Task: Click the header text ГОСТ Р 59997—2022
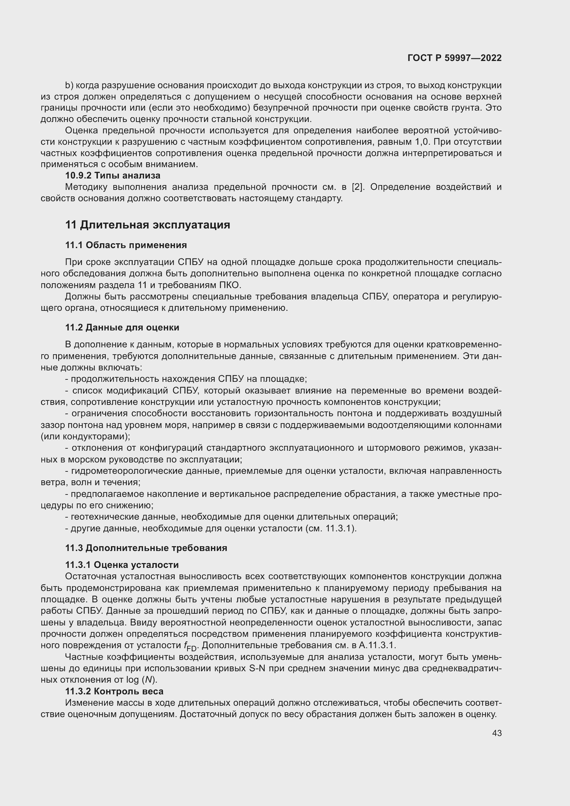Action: coord(454,58)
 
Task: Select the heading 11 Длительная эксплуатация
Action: coord(147,225)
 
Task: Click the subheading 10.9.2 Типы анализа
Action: coord(113,175)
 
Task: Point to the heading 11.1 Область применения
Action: coord(126,245)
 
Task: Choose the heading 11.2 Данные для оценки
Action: coord(122,327)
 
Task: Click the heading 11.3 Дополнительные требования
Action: coord(146,548)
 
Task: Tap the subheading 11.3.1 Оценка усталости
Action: coord(122,565)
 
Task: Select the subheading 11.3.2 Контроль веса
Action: coord(114,691)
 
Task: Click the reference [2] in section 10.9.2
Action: coord(358,187)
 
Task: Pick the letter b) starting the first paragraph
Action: coord(69,85)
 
